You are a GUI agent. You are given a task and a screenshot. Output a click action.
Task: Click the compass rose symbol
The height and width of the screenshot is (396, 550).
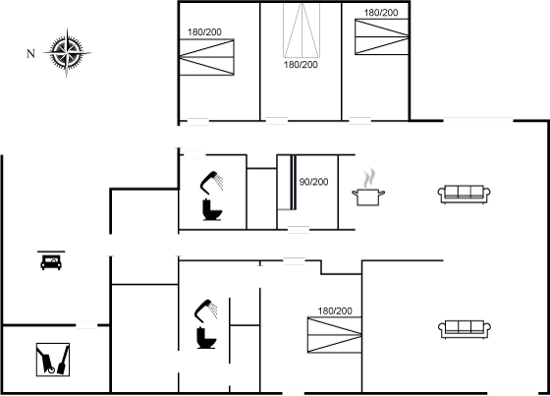click(67, 53)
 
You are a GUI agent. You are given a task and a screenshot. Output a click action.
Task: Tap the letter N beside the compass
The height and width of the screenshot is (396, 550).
click(30, 54)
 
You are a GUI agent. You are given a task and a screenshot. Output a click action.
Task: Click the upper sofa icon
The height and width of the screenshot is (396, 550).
click(464, 195)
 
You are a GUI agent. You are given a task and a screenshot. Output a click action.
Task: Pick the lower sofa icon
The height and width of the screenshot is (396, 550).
click(464, 329)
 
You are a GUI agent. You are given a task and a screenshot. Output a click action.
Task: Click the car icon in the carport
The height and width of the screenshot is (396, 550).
click(51, 260)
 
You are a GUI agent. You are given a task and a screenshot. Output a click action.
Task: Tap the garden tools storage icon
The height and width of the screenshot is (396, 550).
click(53, 360)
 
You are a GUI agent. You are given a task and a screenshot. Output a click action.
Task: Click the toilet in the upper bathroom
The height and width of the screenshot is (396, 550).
click(212, 209)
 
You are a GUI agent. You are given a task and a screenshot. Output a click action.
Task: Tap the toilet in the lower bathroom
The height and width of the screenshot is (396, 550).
click(206, 338)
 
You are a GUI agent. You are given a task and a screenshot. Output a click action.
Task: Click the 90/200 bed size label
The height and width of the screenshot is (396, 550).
click(313, 182)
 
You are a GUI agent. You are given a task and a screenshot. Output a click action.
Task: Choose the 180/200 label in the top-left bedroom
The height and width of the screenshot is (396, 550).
click(204, 32)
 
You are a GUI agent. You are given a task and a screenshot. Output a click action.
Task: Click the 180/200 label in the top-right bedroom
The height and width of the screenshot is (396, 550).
click(381, 13)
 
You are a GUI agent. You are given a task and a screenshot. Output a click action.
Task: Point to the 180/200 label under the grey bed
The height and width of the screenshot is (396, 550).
click(301, 65)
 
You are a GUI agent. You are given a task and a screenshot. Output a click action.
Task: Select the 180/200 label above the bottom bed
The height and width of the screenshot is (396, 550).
click(335, 311)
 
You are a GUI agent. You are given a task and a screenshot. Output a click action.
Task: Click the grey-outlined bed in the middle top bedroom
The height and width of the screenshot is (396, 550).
click(302, 29)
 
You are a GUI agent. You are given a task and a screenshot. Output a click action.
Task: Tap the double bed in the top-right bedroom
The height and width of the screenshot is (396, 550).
click(382, 37)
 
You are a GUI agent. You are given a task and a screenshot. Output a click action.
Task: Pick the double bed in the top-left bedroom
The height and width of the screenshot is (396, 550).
click(206, 57)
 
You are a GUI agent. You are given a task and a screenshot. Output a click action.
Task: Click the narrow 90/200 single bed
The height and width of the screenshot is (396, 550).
click(287, 183)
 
